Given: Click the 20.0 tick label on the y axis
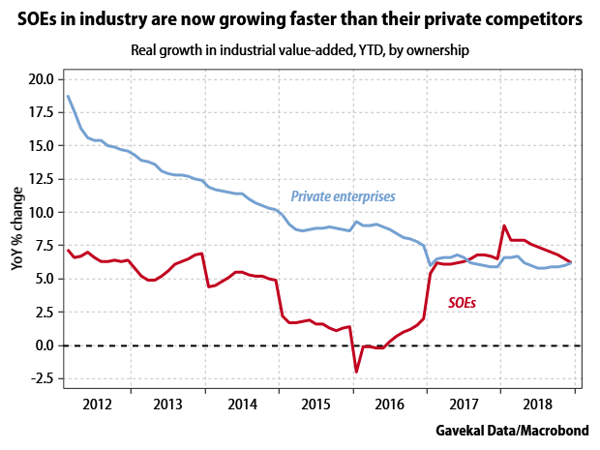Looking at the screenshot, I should [42, 79].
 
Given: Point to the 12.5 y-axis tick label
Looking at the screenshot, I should [42, 179].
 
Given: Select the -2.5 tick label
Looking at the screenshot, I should [42, 378].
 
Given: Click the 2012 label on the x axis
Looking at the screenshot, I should [95, 404].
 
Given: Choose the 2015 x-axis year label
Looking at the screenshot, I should [316, 404].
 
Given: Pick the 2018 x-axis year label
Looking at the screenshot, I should [538, 404].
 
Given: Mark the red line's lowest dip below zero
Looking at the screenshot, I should [356, 372].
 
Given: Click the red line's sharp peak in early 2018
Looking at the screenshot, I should [504, 226].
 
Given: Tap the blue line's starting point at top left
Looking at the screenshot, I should [68, 96].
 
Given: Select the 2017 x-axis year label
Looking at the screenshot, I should [465, 404].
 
